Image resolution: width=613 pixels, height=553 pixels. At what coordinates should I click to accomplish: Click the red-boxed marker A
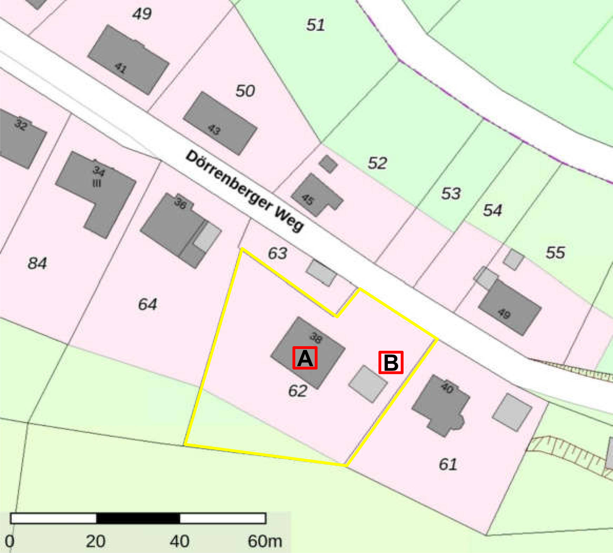click(305, 358)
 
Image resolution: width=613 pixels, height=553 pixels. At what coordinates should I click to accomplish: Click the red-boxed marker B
click(391, 362)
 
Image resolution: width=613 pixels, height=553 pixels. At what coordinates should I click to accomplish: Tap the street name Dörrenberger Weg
click(245, 192)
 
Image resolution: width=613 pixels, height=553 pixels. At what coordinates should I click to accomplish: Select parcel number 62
click(298, 391)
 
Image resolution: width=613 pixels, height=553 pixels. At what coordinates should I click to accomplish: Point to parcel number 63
click(277, 253)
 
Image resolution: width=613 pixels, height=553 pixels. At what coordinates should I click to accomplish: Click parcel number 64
click(147, 304)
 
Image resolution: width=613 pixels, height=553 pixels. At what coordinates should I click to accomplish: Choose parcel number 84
click(37, 263)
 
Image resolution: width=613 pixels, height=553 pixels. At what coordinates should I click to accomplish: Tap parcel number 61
click(448, 464)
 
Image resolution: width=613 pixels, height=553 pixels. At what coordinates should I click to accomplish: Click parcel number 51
click(315, 25)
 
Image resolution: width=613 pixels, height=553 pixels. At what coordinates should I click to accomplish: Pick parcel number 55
click(555, 252)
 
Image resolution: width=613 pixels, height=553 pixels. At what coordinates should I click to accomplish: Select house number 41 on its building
click(120, 67)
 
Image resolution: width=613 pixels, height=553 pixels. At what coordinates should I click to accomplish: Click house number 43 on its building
click(214, 130)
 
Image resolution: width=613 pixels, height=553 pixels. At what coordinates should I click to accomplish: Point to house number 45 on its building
click(308, 199)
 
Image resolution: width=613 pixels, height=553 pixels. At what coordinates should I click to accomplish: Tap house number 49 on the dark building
click(504, 313)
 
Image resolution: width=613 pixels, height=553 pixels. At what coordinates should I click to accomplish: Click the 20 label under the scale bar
click(95, 541)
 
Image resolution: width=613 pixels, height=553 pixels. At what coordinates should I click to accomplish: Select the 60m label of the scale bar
click(265, 541)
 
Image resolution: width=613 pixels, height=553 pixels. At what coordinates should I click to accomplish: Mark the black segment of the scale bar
click(138, 518)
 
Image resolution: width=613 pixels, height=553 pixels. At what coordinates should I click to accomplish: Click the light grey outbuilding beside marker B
click(368, 383)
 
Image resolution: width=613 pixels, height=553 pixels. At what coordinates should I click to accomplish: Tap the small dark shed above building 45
click(328, 164)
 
